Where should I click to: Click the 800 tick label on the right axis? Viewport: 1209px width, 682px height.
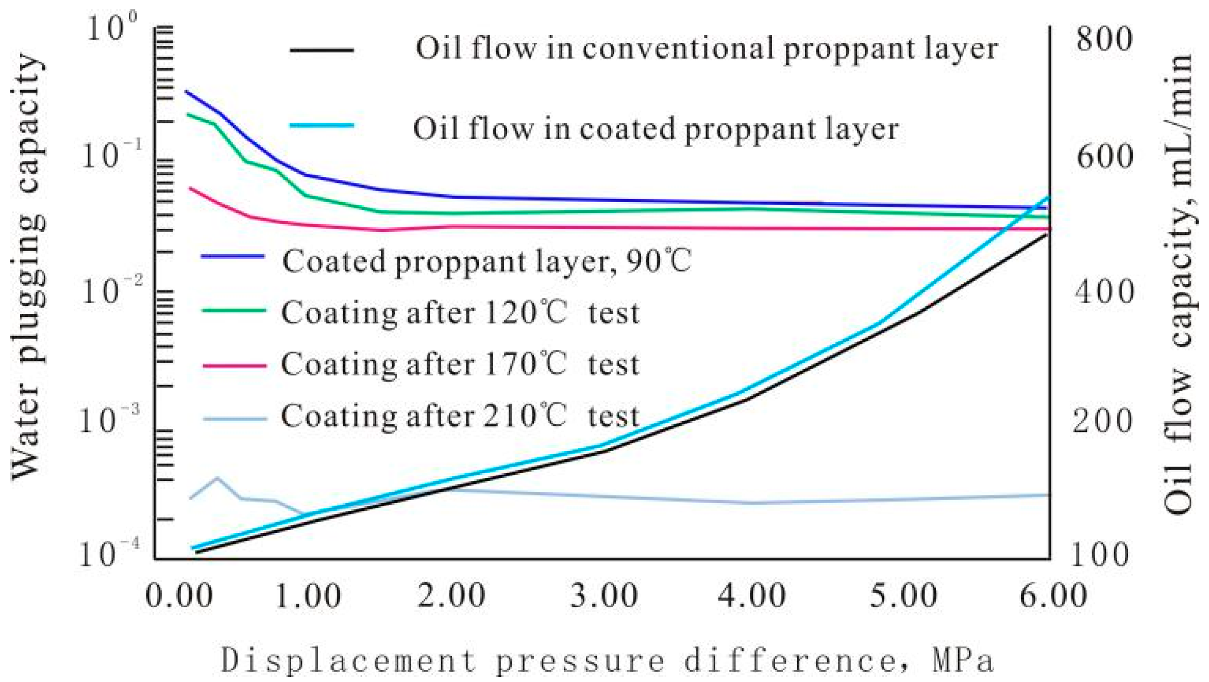coord(1103,39)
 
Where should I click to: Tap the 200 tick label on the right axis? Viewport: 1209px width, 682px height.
coord(1102,421)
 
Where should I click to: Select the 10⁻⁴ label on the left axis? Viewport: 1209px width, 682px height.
coord(109,555)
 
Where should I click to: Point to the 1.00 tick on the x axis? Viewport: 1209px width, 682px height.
coord(308,595)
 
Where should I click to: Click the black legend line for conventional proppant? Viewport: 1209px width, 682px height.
coord(322,50)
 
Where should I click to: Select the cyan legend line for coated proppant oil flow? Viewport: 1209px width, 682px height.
coord(322,125)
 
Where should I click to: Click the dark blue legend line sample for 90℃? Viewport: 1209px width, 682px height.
coord(233,256)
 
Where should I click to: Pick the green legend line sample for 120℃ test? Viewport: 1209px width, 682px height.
coord(234,310)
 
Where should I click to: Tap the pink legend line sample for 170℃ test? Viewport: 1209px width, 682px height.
coord(234,365)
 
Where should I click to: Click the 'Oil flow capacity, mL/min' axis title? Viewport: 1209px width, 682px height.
coord(1180,284)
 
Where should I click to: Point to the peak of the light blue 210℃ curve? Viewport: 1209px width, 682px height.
coord(216,478)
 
